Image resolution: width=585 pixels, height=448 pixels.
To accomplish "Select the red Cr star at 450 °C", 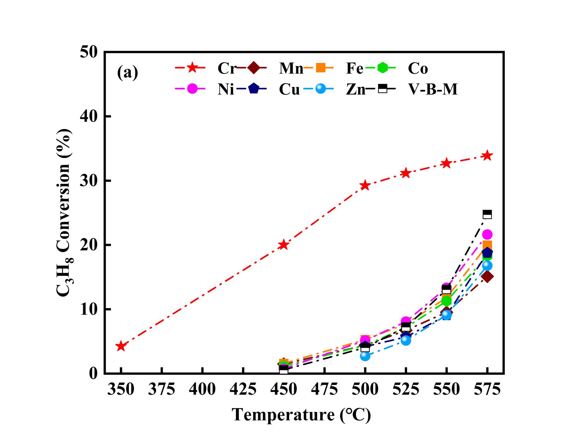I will tap(284, 244).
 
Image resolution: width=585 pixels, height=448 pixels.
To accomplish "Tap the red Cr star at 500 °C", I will tap(365, 185).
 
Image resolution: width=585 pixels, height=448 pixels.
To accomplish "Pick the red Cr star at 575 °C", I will tap(487, 155).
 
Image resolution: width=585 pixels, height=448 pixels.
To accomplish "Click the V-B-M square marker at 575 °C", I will tap(487, 214).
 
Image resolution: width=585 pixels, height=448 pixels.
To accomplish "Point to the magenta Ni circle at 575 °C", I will tap(487, 234).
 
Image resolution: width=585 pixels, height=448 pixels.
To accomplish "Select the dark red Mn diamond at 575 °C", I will tap(487, 276).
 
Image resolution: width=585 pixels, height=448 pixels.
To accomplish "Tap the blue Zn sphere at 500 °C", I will tap(365, 356).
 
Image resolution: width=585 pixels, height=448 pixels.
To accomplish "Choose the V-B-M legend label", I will tap(433, 89).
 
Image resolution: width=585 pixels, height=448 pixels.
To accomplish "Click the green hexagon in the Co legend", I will tap(382, 68).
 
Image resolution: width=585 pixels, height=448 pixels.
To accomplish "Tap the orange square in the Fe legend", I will tap(321, 68).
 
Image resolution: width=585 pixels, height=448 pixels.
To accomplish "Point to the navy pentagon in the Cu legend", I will tap(253, 88).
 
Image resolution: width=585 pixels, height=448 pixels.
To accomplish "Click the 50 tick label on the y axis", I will tap(89, 53).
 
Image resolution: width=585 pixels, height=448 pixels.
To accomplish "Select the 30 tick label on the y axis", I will tap(89, 181).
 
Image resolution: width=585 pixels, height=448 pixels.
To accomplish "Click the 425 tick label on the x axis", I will tap(243, 390).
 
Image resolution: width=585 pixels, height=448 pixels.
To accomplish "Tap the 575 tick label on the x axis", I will tap(487, 390).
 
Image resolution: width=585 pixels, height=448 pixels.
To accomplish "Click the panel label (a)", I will tap(128, 72).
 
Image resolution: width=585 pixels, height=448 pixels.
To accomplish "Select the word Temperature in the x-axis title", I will tap(283, 415).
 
